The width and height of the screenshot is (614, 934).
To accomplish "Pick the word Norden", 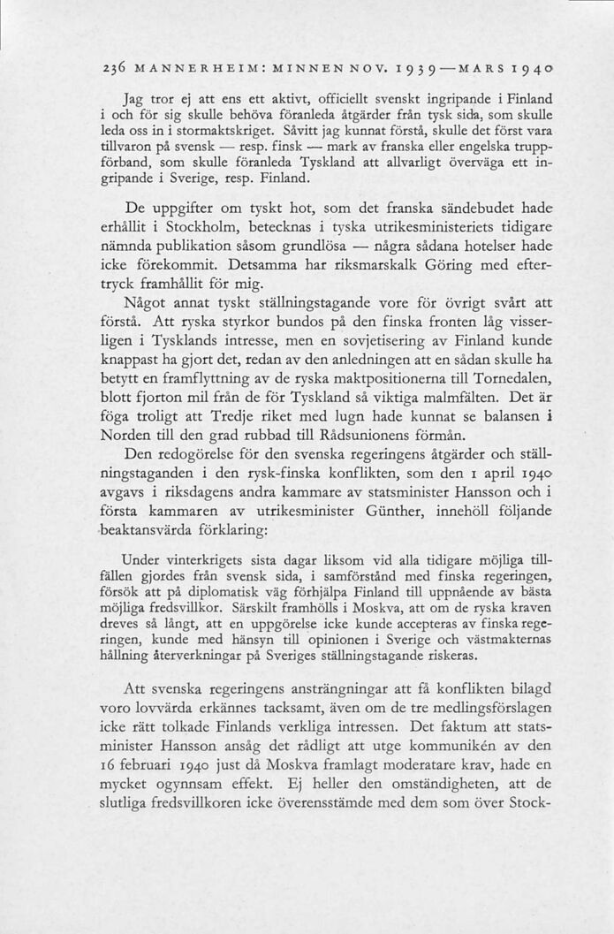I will point(144,436).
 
